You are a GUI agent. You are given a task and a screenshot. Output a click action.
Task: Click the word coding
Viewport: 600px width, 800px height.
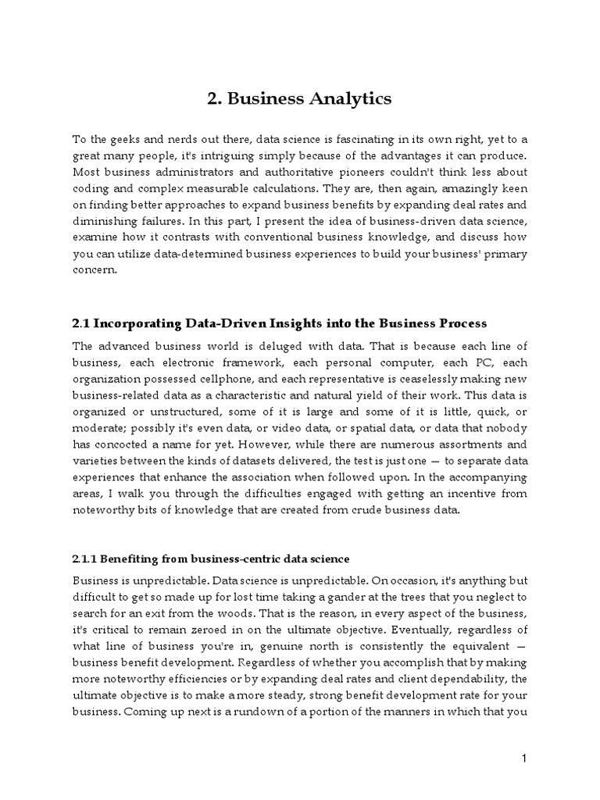[90, 188]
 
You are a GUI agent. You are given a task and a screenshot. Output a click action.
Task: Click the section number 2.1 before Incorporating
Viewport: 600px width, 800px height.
[80, 323]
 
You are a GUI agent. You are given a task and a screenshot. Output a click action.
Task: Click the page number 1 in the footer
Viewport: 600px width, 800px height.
[526, 759]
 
